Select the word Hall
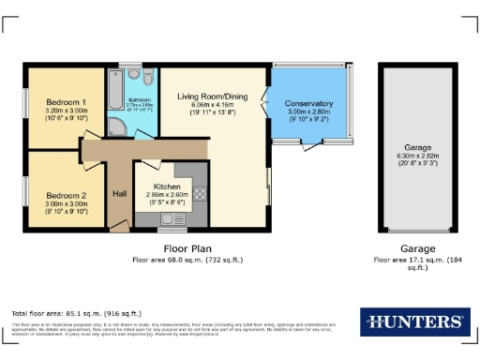click(120, 193)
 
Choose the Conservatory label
click(309, 103)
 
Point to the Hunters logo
click(413, 321)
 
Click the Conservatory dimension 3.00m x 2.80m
click(309, 112)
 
